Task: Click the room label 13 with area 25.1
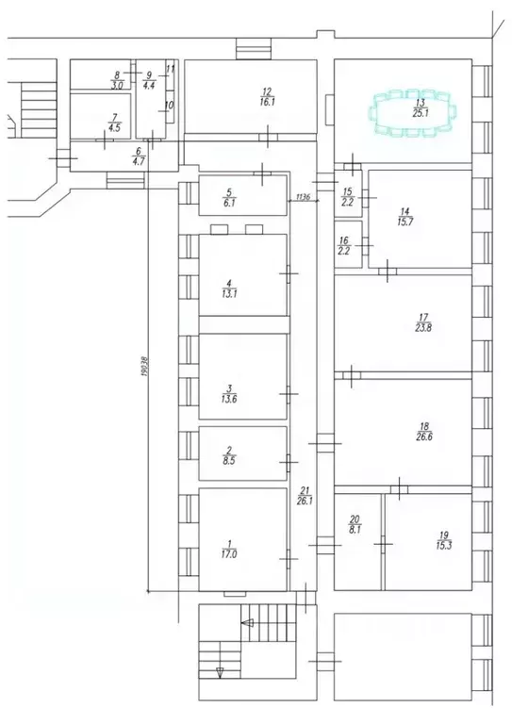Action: click(x=420, y=107)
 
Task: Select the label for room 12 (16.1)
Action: click(x=267, y=96)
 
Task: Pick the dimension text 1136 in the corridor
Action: click(x=302, y=197)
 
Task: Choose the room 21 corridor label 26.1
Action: click(x=305, y=494)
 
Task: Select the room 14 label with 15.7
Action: click(x=405, y=216)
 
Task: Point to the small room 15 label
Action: click(x=346, y=196)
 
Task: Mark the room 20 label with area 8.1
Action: click(x=355, y=524)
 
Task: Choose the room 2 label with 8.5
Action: click(x=227, y=455)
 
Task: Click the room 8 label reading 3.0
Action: click(x=117, y=79)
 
